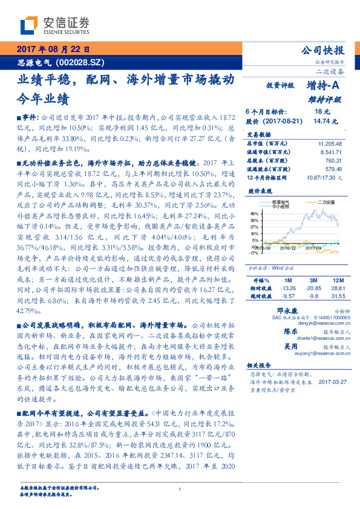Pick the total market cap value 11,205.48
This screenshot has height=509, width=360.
tap(330, 144)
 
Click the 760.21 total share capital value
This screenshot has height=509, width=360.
tap(334, 161)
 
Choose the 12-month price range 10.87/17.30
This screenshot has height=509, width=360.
tap(326, 178)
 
